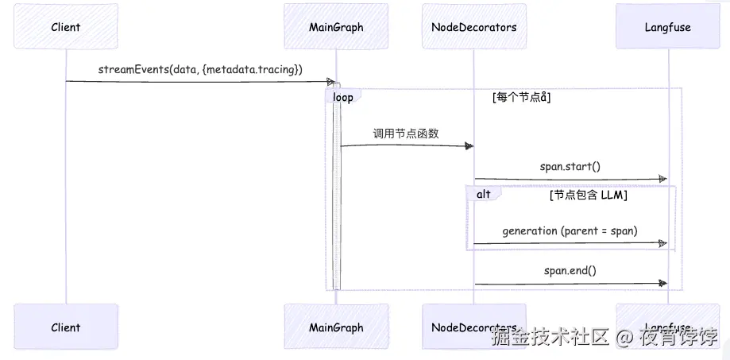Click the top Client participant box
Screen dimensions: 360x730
point(65,27)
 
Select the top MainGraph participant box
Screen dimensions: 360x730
point(336,27)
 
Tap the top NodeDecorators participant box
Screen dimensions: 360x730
point(473,27)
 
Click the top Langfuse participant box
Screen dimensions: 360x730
point(667,27)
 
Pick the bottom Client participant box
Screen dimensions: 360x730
point(65,327)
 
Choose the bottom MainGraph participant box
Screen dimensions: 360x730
point(336,327)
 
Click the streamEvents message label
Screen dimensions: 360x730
point(200,70)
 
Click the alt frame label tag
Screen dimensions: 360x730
point(482,194)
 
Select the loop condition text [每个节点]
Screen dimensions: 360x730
point(522,98)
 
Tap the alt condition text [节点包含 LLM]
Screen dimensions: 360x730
point(588,195)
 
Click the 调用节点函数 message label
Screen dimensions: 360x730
point(406,133)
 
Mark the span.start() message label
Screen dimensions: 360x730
point(570,166)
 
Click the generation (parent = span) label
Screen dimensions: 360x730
point(570,230)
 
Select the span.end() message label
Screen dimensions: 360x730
point(570,270)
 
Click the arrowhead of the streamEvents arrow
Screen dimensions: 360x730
point(330,82)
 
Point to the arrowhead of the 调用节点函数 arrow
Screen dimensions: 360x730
point(469,145)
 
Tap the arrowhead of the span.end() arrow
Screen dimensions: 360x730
point(662,283)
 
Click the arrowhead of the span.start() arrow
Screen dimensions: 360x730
point(662,179)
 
